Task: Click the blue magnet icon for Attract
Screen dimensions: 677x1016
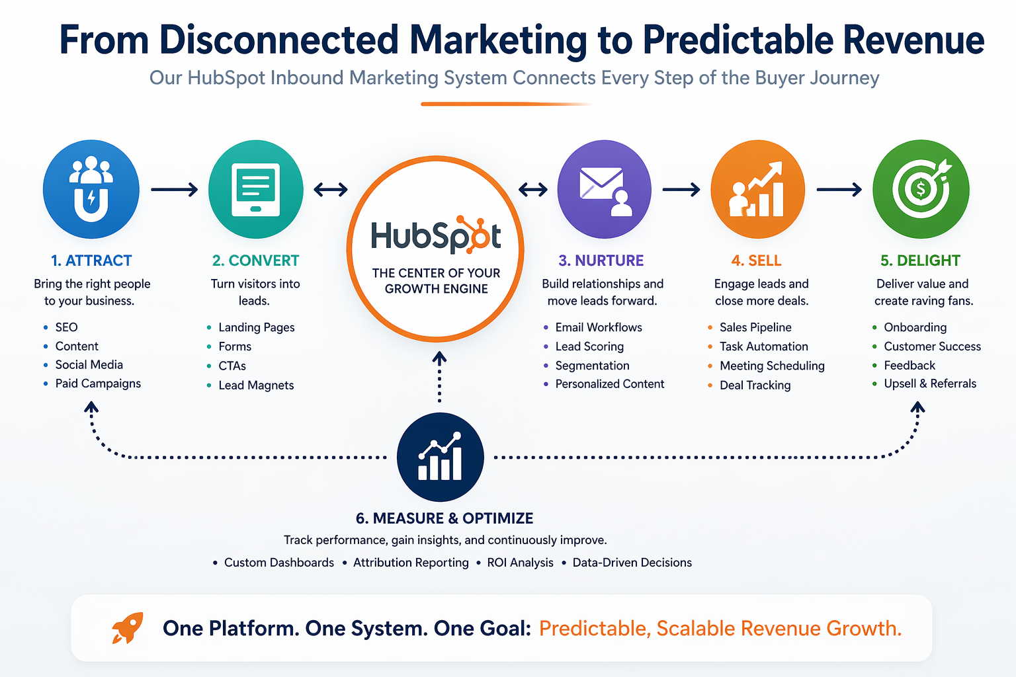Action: click(91, 189)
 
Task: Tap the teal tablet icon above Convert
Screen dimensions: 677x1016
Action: click(256, 189)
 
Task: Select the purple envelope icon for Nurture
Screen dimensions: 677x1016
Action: click(604, 189)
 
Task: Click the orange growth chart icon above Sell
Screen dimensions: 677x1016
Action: click(757, 189)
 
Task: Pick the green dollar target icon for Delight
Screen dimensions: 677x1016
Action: click(921, 189)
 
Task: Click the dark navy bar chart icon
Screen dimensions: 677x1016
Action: click(440, 457)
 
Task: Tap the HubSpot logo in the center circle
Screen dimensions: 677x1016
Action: click(436, 235)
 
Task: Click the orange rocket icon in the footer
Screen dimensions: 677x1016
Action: click(127, 627)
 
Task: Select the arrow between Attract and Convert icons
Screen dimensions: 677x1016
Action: click(174, 190)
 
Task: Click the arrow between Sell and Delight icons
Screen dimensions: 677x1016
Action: click(839, 190)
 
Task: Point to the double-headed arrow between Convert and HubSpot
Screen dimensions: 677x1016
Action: click(331, 190)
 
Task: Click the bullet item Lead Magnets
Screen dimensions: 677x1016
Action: click(256, 385)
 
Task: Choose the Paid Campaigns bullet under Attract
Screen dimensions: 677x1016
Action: click(98, 383)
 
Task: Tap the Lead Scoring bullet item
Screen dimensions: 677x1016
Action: click(589, 346)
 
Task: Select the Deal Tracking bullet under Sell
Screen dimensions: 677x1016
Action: click(755, 385)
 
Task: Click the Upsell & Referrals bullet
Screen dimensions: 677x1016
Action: click(930, 383)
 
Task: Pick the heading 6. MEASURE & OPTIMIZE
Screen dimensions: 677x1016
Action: click(444, 518)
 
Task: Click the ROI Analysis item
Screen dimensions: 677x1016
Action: click(520, 563)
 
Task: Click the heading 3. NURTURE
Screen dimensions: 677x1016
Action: click(601, 260)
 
